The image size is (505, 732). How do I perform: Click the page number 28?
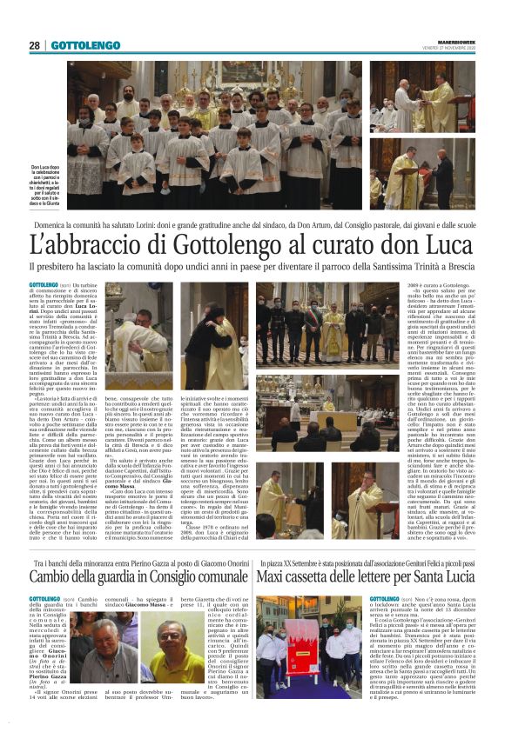click(34, 45)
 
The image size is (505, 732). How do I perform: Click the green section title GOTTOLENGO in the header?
click(85, 45)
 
